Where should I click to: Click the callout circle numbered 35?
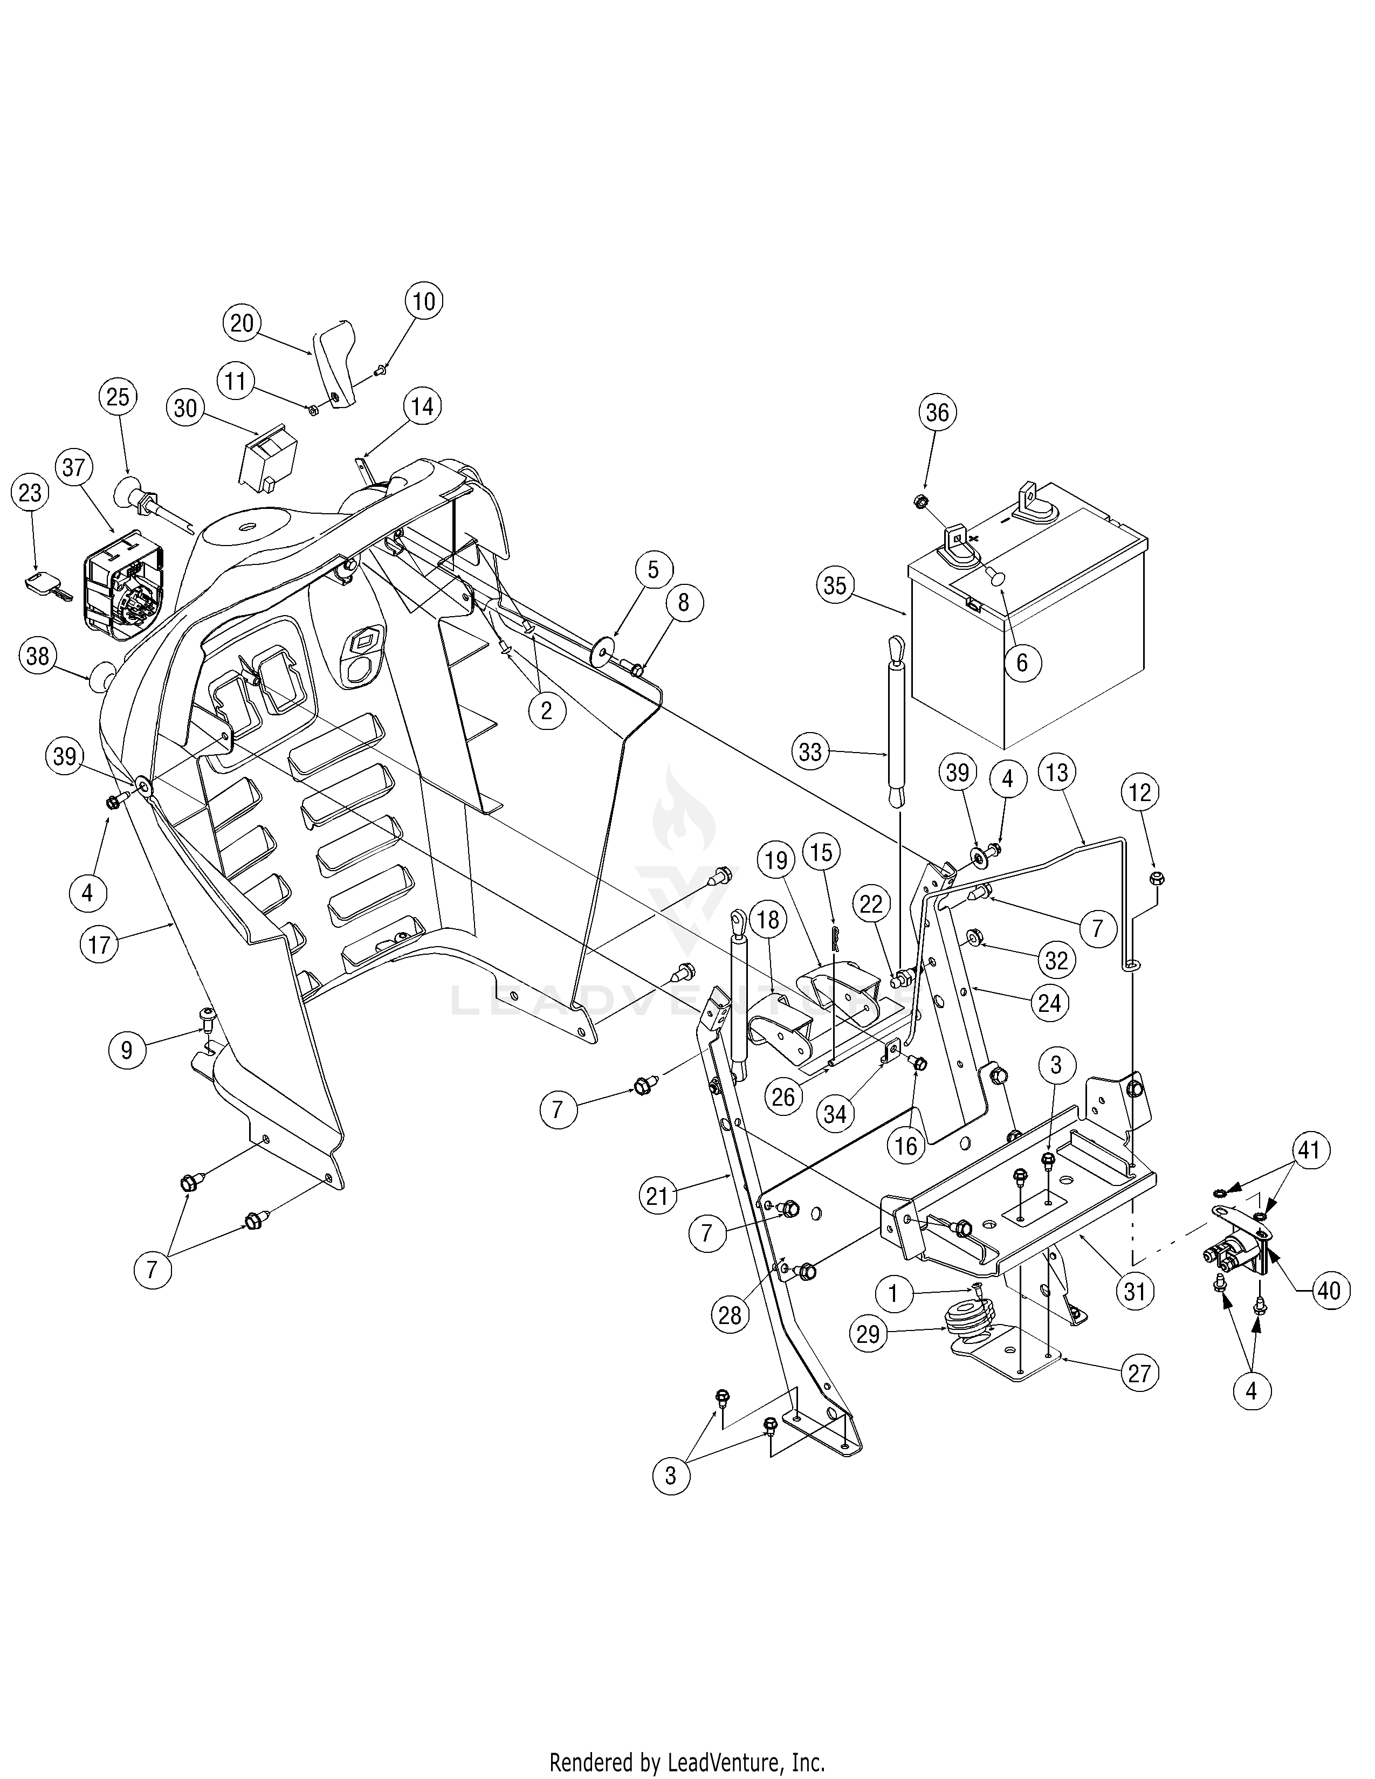(x=835, y=587)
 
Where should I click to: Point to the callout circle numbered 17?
(x=99, y=945)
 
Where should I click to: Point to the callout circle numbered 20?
(x=242, y=323)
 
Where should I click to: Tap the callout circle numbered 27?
(x=1139, y=1374)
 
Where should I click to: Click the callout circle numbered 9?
(x=126, y=1050)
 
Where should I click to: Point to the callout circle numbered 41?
(x=1308, y=1151)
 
